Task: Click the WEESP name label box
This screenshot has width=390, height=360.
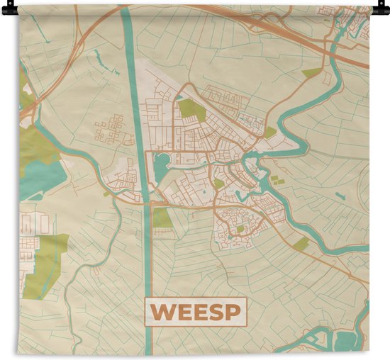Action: point(194,311)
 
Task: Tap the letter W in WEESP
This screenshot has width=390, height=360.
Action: point(161,312)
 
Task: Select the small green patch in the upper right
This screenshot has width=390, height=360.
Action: point(312,72)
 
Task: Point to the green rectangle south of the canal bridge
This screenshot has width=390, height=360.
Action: point(162,218)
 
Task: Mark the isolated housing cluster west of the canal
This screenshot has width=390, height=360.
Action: point(113,130)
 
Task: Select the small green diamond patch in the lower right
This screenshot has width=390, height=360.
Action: point(302,244)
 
